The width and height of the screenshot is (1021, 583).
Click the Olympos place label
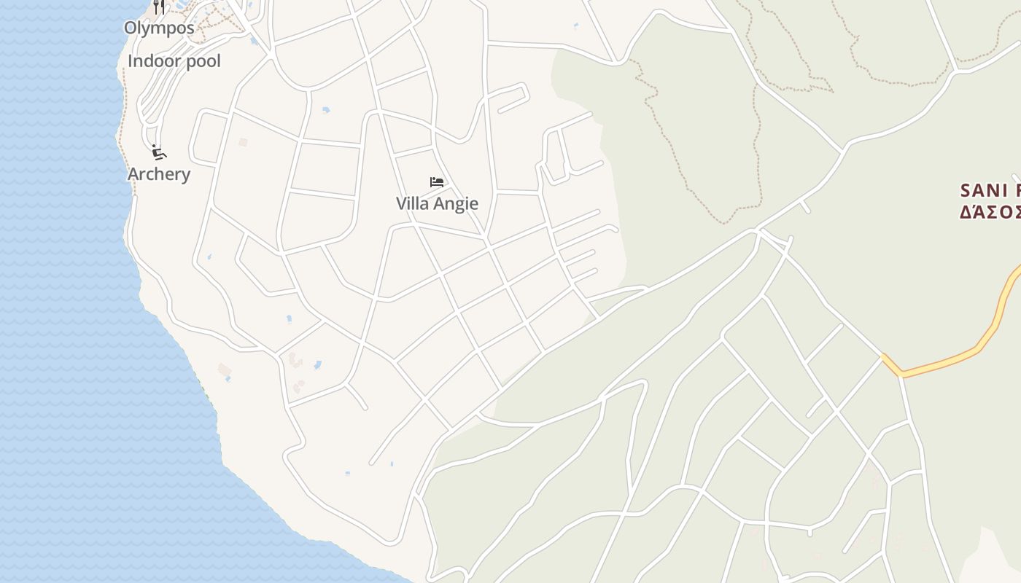(159, 28)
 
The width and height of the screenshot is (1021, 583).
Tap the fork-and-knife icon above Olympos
(159, 7)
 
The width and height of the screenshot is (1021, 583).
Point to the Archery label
(159, 174)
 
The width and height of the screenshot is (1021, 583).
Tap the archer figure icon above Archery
(159, 152)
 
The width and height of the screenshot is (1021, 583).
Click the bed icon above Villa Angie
(437, 182)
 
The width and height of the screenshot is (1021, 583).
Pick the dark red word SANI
(985, 191)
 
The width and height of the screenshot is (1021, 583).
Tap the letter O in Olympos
(130, 28)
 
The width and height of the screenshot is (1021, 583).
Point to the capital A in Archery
(133, 174)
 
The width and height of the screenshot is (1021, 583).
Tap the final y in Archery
(186, 176)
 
